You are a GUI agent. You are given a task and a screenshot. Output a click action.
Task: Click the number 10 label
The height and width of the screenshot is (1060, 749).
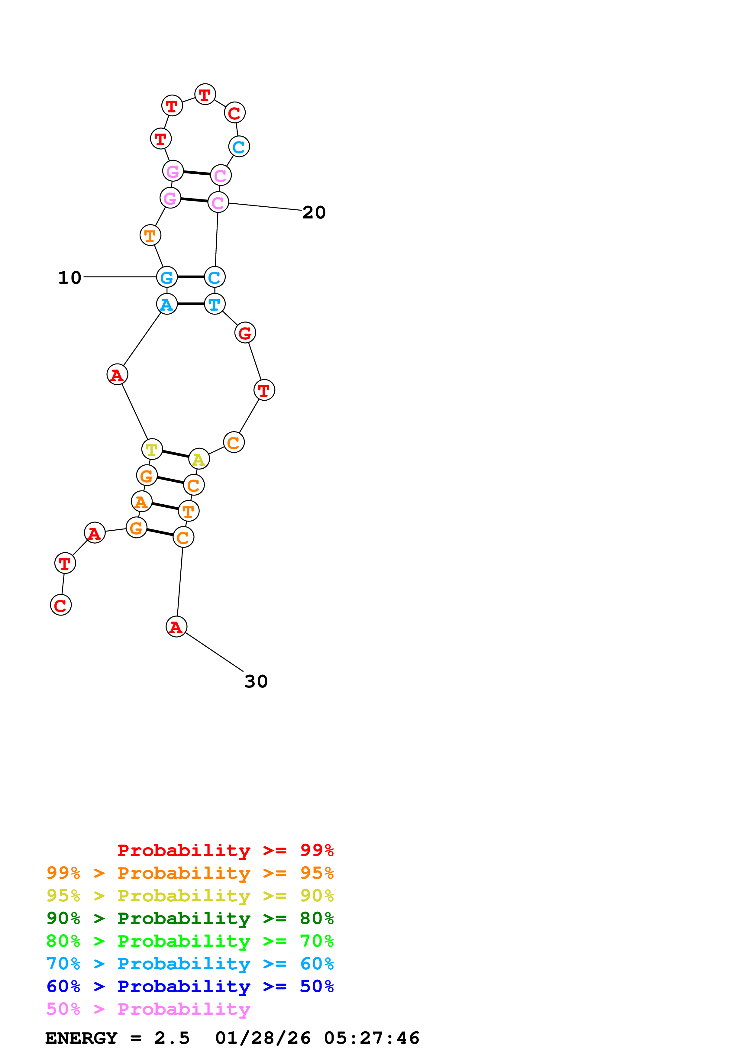pyautogui.click(x=70, y=277)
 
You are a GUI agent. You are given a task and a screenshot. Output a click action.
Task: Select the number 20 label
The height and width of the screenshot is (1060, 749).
pyautogui.click(x=314, y=212)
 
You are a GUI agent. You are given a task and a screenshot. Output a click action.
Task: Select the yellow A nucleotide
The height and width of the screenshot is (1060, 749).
pyautogui.click(x=199, y=459)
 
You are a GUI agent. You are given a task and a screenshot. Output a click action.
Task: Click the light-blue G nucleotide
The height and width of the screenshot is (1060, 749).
pyautogui.click(x=166, y=277)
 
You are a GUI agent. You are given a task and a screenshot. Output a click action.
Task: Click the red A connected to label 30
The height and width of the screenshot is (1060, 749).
pyautogui.click(x=176, y=626)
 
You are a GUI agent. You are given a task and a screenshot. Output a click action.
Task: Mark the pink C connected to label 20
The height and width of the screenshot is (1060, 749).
pyautogui.click(x=218, y=202)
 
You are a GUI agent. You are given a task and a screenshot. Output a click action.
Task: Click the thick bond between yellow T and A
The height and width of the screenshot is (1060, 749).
pyautogui.click(x=175, y=454)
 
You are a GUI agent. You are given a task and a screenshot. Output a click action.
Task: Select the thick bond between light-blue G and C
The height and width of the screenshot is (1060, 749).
pyautogui.click(x=191, y=277)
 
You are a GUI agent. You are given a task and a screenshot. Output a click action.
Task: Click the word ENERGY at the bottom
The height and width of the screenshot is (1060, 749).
pyautogui.click(x=81, y=1038)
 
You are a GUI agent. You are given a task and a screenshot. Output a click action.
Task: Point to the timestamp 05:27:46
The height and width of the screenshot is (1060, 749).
pyautogui.click(x=372, y=1038)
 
